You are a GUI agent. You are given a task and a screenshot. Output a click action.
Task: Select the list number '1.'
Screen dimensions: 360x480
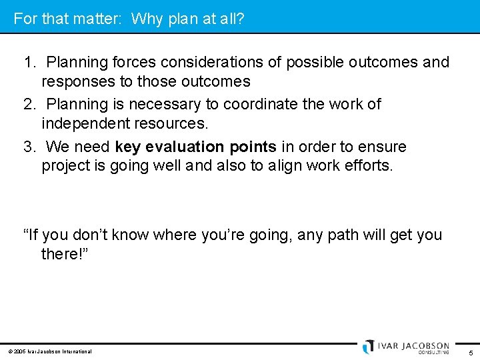tap(30, 63)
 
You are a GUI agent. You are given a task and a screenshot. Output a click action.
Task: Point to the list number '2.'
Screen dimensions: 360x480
tap(30, 105)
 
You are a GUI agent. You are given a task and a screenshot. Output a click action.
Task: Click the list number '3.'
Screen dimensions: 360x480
tap(30, 147)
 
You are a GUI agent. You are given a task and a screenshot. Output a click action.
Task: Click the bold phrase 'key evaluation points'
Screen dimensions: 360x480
tap(195, 147)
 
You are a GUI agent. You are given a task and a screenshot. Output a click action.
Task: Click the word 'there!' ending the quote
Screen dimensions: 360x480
tap(64, 254)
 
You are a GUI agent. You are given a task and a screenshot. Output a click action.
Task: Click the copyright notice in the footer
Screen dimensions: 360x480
tap(50, 351)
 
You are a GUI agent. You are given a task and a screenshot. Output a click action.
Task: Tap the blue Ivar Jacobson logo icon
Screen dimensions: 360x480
tap(369, 347)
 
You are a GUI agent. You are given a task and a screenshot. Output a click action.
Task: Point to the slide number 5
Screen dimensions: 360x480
tap(471, 352)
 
